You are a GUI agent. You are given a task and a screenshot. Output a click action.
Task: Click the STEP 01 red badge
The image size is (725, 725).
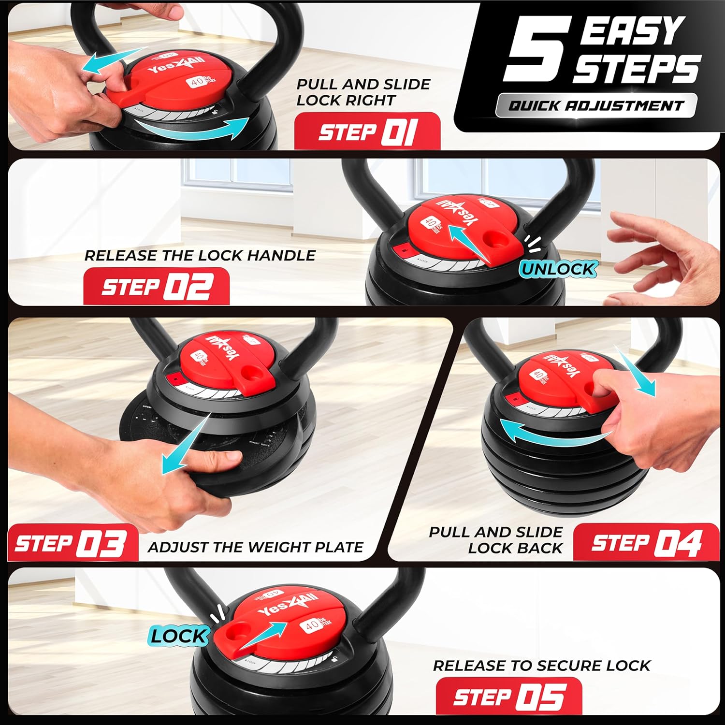tap(367, 131)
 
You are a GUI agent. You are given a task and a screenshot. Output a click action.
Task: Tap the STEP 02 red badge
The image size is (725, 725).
tap(157, 287)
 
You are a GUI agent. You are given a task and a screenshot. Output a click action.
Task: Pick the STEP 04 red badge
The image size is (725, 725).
tap(646, 542)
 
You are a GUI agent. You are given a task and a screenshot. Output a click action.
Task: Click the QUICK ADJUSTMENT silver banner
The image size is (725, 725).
tap(596, 105)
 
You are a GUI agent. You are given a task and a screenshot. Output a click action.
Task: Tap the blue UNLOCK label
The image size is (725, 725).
tap(558, 269)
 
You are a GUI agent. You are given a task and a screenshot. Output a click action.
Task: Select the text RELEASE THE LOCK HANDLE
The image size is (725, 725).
tap(200, 255)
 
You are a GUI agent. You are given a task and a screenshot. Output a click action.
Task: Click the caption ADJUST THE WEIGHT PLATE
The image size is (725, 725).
tap(256, 547)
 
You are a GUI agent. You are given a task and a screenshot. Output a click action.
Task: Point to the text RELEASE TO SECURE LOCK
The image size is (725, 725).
tap(541, 666)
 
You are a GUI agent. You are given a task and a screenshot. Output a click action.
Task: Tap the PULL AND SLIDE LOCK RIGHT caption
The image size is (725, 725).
tap(362, 92)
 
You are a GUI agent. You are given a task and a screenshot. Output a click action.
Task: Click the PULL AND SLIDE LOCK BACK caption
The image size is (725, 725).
tap(496, 540)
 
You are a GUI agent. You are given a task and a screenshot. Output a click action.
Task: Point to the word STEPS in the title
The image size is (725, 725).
tap(637, 69)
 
